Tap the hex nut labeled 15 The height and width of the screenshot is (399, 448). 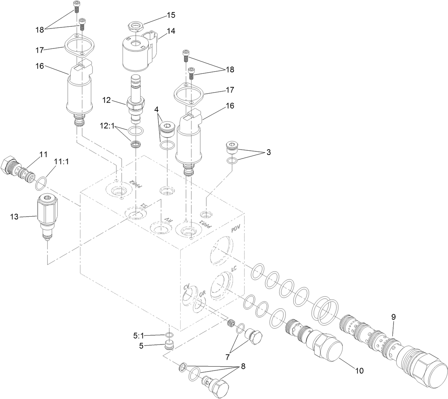pos(135,27)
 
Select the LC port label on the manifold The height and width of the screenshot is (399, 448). pos(234,269)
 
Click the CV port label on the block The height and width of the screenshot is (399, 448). pos(187,287)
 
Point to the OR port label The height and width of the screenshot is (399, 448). pos(202,294)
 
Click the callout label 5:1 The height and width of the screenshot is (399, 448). pos(139,335)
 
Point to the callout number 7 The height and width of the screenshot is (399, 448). pos(228,355)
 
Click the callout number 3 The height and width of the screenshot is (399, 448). pos(268,152)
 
